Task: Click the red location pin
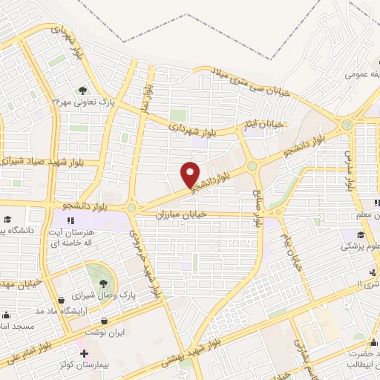(191, 174)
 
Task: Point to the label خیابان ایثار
(265, 125)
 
